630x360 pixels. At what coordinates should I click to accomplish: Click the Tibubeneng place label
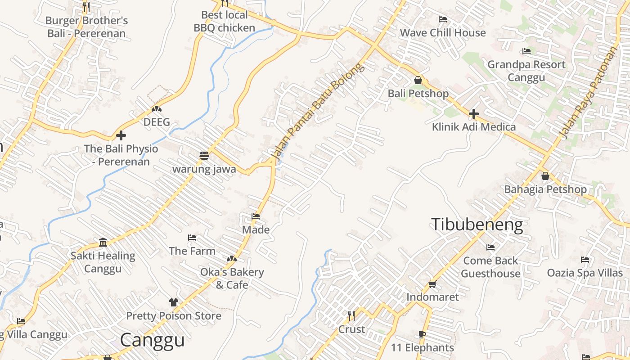click(x=477, y=225)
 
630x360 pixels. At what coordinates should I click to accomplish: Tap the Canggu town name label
click(x=153, y=340)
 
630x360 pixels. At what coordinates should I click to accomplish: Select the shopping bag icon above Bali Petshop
click(x=418, y=80)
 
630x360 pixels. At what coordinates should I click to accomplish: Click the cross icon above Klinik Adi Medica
click(x=473, y=114)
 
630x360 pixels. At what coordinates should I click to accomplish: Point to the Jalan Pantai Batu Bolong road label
click(x=317, y=111)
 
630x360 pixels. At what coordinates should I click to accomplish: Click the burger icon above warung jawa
click(x=204, y=156)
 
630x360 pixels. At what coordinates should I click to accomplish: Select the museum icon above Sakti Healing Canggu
click(x=103, y=243)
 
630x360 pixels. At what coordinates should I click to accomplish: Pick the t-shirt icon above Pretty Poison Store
click(x=174, y=302)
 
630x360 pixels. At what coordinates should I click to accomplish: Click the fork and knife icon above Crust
click(x=351, y=316)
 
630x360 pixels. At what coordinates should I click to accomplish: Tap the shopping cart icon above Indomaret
click(x=432, y=284)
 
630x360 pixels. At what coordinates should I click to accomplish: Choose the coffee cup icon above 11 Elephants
click(x=422, y=334)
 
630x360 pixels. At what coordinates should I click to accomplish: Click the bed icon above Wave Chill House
click(x=443, y=19)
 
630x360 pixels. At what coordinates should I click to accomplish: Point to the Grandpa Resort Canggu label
click(x=526, y=71)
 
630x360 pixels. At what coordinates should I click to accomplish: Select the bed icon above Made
click(x=256, y=216)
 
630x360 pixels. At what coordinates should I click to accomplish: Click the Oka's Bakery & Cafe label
click(x=232, y=279)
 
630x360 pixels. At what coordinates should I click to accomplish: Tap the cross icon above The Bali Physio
click(x=121, y=135)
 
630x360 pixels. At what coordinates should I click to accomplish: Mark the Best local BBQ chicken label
click(x=224, y=21)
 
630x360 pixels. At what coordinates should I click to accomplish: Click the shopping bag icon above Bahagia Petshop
click(x=545, y=176)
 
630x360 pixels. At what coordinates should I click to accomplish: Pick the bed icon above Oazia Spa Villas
click(x=585, y=260)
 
